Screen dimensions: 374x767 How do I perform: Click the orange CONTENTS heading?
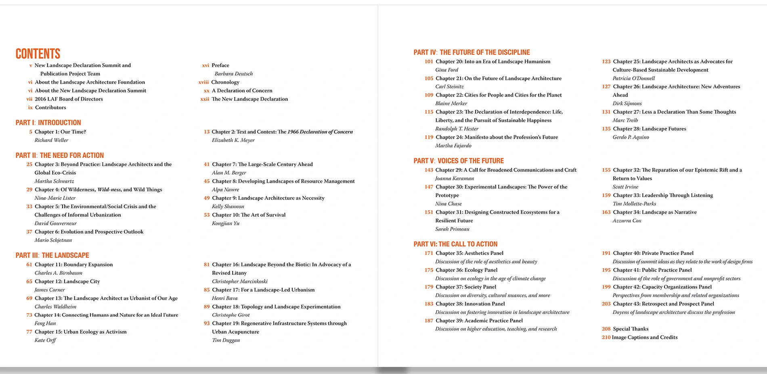(38, 54)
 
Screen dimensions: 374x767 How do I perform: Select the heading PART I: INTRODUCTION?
(48, 123)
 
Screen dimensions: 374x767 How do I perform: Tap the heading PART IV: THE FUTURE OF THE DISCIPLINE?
(472, 52)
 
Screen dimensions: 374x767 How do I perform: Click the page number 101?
(428, 62)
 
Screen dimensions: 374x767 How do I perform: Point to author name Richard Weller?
(51, 140)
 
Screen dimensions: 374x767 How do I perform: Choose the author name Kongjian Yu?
(225, 224)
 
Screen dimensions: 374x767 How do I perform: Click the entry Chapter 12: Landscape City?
(67, 282)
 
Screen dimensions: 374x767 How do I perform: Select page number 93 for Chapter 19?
(207, 324)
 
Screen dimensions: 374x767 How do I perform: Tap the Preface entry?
(220, 65)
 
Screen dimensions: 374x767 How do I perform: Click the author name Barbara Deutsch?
(233, 74)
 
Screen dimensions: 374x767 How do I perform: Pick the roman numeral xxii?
(205, 99)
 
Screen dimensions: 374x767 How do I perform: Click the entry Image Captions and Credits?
(644, 338)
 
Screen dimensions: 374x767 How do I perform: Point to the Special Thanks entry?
(631, 329)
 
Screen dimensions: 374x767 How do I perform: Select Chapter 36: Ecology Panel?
(466, 270)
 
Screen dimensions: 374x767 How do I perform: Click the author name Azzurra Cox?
(627, 221)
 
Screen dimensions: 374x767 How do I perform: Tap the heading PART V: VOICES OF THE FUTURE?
(459, 161)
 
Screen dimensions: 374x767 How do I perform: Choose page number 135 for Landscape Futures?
(606, 129)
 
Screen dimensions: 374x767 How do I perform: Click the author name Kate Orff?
(45, 341)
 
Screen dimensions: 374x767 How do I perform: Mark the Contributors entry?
(50, 108)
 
